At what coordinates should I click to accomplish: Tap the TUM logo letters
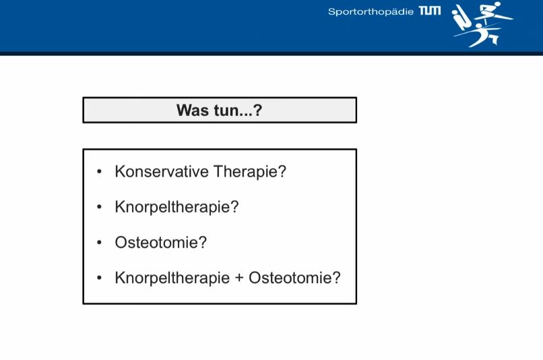point(430,11)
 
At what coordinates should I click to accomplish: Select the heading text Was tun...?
point(219,111)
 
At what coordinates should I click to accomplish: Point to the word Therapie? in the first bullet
point(250,171)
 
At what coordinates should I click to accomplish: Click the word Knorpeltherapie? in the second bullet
point(177,207)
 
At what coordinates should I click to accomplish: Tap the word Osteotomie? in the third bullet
point(160,243)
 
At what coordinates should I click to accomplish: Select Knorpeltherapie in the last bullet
point(172,278)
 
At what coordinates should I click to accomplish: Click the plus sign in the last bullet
point(239,278)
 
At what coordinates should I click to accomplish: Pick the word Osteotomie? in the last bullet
point(294,278)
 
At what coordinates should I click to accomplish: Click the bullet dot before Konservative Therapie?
point(100,171)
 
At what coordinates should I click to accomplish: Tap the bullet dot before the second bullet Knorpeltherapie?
point(100,207)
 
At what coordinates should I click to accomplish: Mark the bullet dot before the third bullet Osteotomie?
point(100,243)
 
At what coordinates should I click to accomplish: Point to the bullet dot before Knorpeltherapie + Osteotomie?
point(100,278)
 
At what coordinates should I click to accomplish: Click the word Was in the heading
point(191,111)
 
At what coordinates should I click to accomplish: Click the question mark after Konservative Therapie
point(282,171)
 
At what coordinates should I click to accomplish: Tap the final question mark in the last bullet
point(337,278)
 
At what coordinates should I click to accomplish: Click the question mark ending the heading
point(257,111)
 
